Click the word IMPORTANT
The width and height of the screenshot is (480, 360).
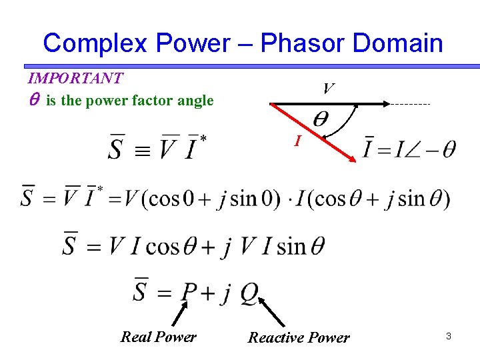(x=75, y=78)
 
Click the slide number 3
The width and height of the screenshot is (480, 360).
(x=449, y=337)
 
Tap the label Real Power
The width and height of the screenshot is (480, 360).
(x=159, y=337)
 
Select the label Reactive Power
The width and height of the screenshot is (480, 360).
(x=299, y=337)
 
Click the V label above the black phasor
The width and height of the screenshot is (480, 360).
(x=328, y=89)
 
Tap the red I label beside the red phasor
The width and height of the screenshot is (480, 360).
(x=299, y=141)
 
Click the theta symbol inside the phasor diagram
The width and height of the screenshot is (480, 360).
(x=321, y=121)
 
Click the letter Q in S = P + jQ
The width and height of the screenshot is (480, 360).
(x=249, y=291)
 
